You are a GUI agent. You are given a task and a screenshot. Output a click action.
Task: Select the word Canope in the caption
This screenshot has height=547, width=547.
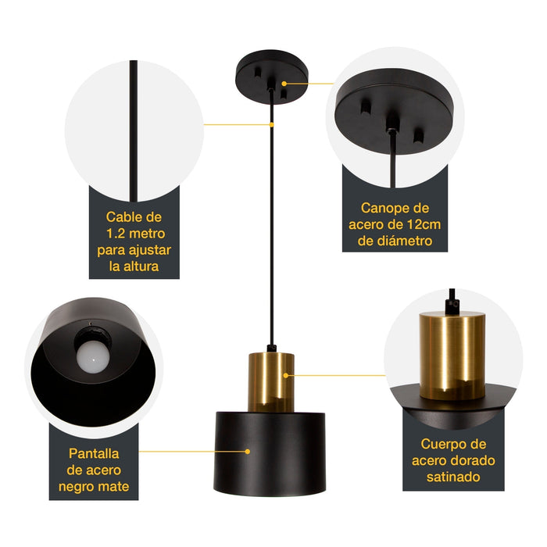(383, 208)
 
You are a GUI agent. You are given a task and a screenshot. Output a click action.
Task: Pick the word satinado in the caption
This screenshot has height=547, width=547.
(449, 476)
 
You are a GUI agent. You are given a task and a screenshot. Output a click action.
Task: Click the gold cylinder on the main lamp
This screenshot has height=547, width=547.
(271, 381)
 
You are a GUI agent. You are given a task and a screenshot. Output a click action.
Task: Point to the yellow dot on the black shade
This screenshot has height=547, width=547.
(248, 451)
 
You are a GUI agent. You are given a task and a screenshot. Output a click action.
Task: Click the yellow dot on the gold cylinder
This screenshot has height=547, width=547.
(285, 375)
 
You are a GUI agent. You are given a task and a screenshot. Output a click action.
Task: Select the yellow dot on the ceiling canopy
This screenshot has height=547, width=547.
(285, 82)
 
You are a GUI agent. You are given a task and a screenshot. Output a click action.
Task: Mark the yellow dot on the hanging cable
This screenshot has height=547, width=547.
(271, 123)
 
